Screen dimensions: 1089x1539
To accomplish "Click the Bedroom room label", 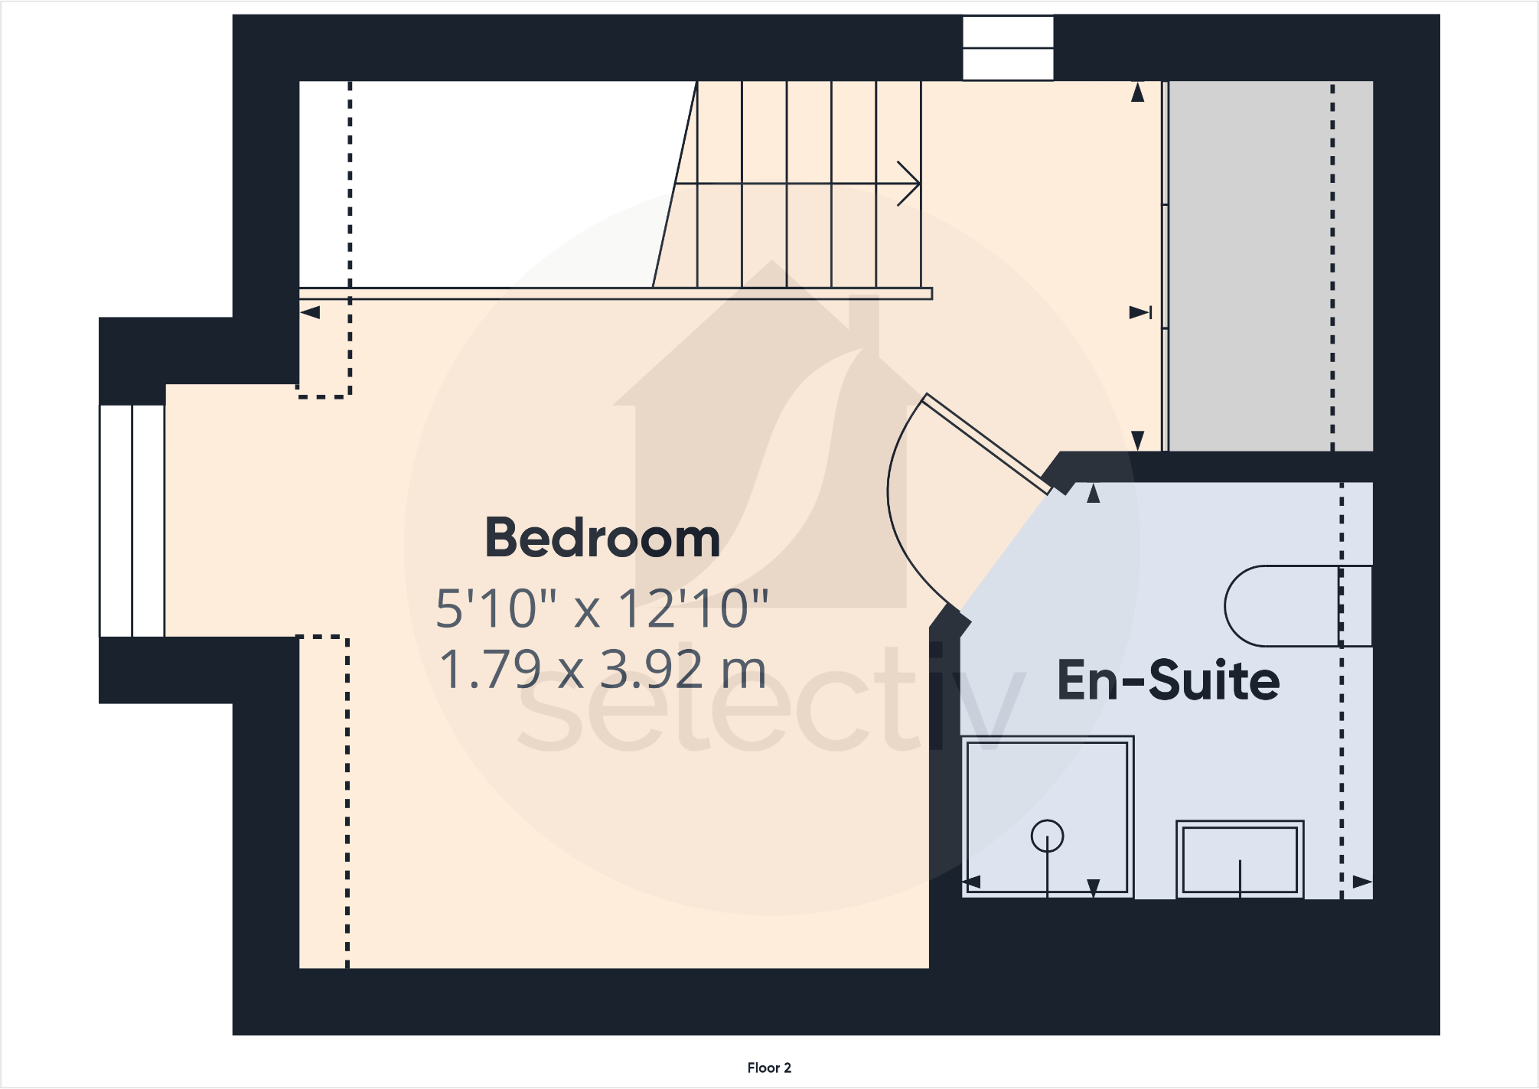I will tap(602, 538).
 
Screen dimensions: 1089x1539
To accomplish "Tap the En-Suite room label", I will tap(1168, 680).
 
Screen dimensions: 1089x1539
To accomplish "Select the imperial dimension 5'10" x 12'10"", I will tap(602, 609).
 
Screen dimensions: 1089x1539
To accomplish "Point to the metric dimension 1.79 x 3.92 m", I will tap(602, 670).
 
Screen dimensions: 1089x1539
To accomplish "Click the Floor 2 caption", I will tap(769, 1068).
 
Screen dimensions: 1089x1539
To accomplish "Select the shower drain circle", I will tap(1047, 836).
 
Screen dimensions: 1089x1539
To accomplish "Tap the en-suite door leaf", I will tap(987, 444).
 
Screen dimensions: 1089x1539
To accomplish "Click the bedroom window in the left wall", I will tap(132, 520).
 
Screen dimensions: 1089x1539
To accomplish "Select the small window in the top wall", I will tap(1008, 47).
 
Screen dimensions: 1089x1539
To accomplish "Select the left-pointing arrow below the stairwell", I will tap(310, 312).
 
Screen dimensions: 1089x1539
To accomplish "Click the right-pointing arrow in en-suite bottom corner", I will tap(1362, 882).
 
